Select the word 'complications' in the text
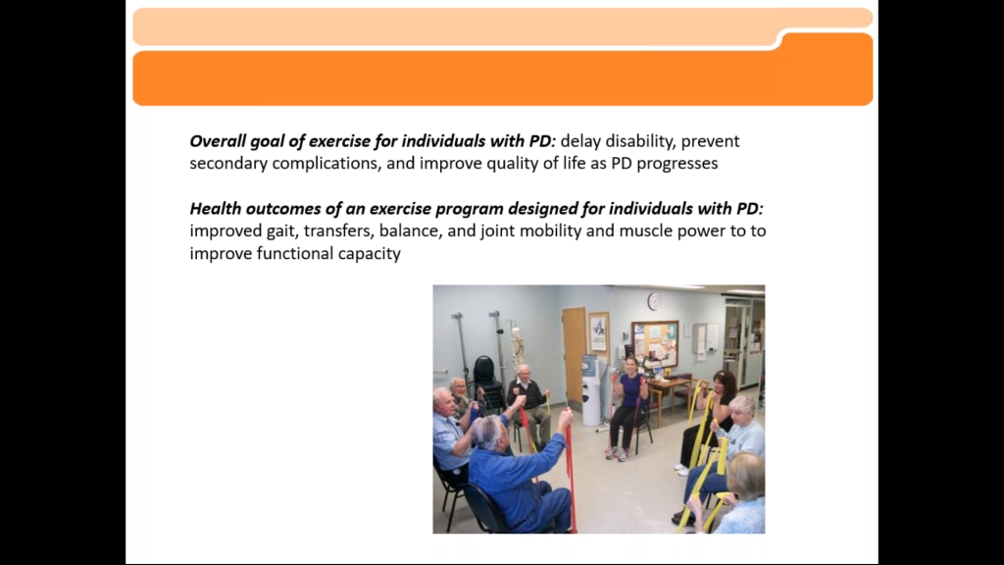coord(326,164)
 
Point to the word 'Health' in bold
coord(215,209)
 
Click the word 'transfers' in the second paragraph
coord(338,231)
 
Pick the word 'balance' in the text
coord(411,231)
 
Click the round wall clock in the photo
coord(654,301)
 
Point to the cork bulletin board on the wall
coord(655,343)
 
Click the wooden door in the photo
coord(574,353)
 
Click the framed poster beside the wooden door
coord(599,334)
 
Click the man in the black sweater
coord(528,403)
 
